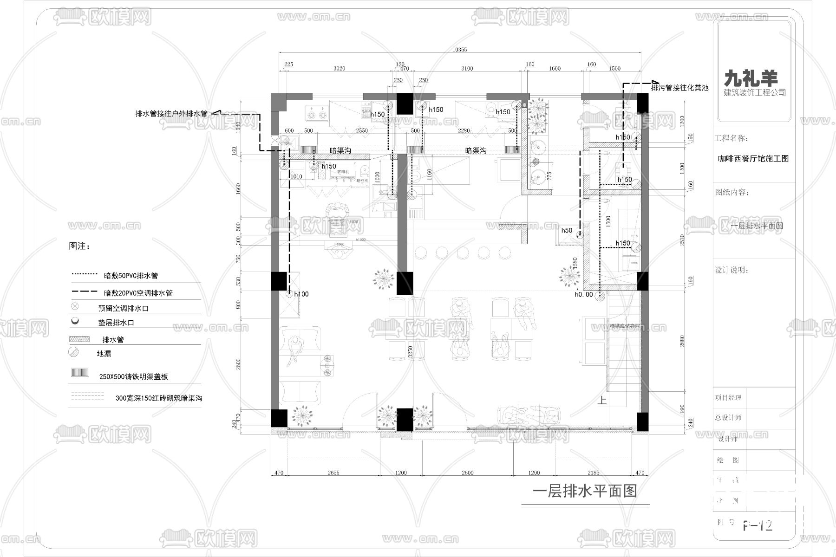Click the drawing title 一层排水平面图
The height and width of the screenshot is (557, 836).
click(584, 491)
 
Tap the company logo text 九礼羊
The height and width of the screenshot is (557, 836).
click(751, 78)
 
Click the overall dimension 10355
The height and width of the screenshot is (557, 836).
click(459, 50)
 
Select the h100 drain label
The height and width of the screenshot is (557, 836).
click(301, 294)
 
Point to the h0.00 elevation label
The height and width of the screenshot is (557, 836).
click(583, 294)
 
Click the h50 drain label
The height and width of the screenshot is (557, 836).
click(567, 230)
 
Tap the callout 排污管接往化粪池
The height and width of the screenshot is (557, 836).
click(679, 87)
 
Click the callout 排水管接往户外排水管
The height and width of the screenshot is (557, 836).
click(171, 113)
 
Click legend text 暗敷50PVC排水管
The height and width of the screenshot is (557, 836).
click(131, 276)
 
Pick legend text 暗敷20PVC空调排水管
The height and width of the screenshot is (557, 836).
click(138, 293)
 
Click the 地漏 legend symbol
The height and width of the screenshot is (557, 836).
click(74, 353)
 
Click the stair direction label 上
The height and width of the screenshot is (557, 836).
click(602, 400)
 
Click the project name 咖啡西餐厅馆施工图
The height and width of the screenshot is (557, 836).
click(753, 158)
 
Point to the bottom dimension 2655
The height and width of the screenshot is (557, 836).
click(333, 473)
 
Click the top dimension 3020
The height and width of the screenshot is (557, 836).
click(339, 69)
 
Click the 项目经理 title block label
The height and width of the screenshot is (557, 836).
click(728, 397)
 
